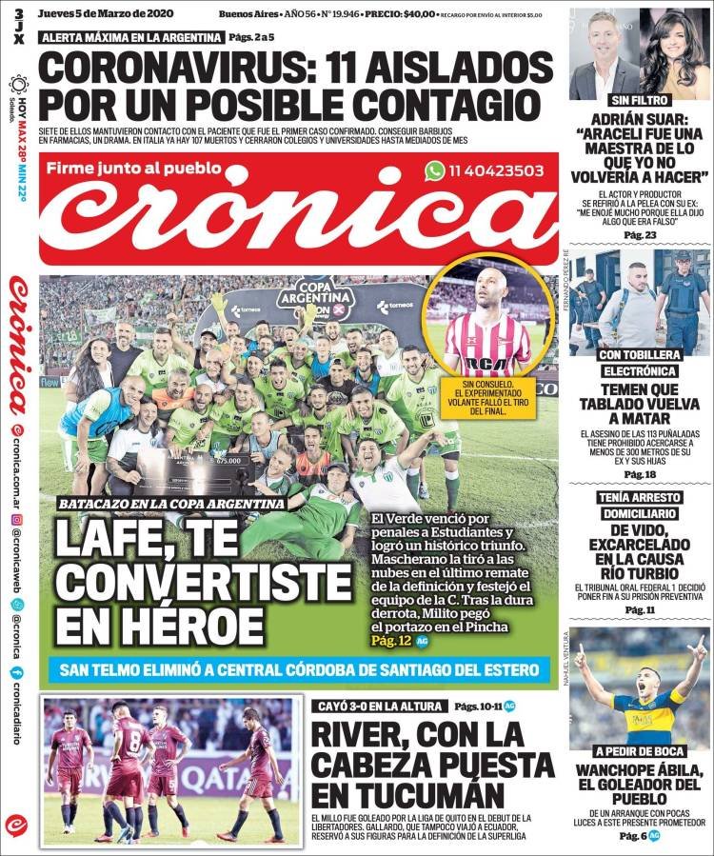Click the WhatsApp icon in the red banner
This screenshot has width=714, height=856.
pyautogui.click(x=435, y=170)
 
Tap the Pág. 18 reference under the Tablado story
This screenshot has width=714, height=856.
pyautogui.click(x=640, y=474)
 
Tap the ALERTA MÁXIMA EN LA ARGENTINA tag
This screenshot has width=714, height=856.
pyautogui.click(x=131, y=37)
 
